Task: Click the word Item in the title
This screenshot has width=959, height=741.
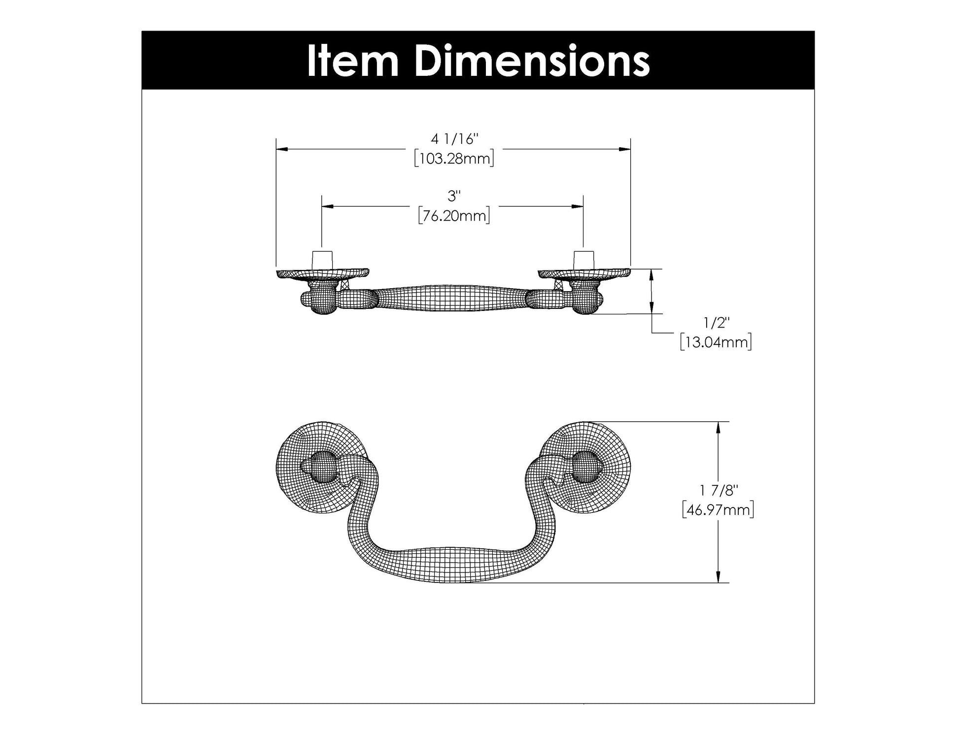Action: (x=353, y=61)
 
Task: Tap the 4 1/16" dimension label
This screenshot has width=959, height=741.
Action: (x=454, y=139)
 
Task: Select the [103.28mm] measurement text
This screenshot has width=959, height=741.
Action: (x=454, y=159)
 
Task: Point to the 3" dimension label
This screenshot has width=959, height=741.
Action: (x=454, y=196)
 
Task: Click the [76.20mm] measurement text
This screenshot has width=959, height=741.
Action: (x=454, y=216)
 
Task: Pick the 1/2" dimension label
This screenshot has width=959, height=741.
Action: (x=716, y=323)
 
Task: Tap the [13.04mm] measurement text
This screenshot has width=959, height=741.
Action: (x=716, y=342)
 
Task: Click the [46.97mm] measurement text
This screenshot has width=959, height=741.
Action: (x=719, y=509)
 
